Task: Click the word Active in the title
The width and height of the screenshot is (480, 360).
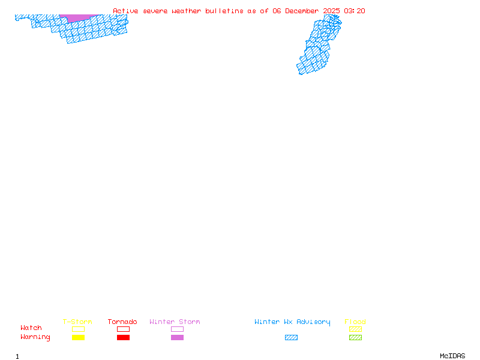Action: pos(125,11)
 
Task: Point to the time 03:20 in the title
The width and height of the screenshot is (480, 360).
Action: pos(355,11)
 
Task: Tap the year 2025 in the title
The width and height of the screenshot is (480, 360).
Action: pos(331,11)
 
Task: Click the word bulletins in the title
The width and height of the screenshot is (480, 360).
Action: pos(224,11)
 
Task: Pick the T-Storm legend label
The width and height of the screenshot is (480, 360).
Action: pos(77,322)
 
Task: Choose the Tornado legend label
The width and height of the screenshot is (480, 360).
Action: pos(122,322)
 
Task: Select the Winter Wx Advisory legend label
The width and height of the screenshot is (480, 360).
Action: pos(292,322)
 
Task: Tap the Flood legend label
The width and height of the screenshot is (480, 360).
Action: pos(355,322)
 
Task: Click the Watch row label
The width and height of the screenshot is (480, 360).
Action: pos(31,328)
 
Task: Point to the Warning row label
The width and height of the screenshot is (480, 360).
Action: pos(35,337)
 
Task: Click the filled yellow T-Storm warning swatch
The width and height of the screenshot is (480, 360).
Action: pos(78,338)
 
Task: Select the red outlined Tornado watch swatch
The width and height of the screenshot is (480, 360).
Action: pos(123,329)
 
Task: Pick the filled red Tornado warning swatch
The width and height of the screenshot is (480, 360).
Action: pos(123,338)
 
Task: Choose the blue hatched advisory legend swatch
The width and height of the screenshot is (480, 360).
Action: pos(291,338)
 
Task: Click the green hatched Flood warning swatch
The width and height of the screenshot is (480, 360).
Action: pos(355,338)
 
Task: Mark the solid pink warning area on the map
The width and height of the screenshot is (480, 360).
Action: pos(79,18)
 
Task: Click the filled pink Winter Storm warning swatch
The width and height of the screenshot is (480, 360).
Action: pos(177,338)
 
